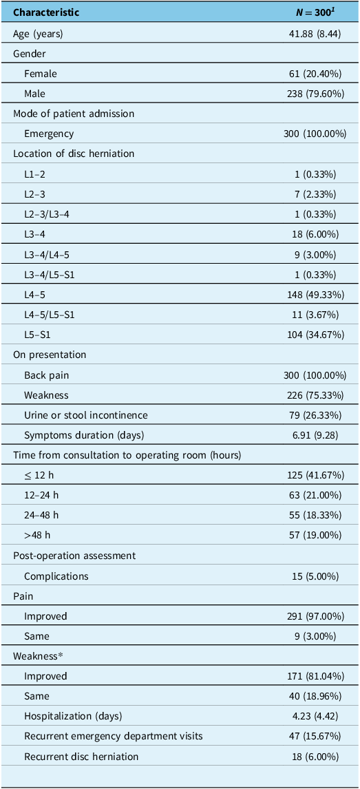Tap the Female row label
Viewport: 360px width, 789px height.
click(x=40, y=74)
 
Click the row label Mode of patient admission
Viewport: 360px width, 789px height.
click(x=74, y=114)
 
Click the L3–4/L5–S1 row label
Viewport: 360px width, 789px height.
click(x=48, y=275)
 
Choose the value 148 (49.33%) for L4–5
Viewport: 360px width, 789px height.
click(x=315, y=295)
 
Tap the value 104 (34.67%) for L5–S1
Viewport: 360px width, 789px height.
click(x=315, y=335)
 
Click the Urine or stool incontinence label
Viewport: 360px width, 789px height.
click(x=78, y=415)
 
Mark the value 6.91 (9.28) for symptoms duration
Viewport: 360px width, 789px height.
click(x=318, y=435)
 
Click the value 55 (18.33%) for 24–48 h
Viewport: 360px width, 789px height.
click(x=317, y=516)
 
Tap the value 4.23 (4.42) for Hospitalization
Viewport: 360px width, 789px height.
click(x=318, y=717)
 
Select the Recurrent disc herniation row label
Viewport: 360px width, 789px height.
click(x=81, y=757)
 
